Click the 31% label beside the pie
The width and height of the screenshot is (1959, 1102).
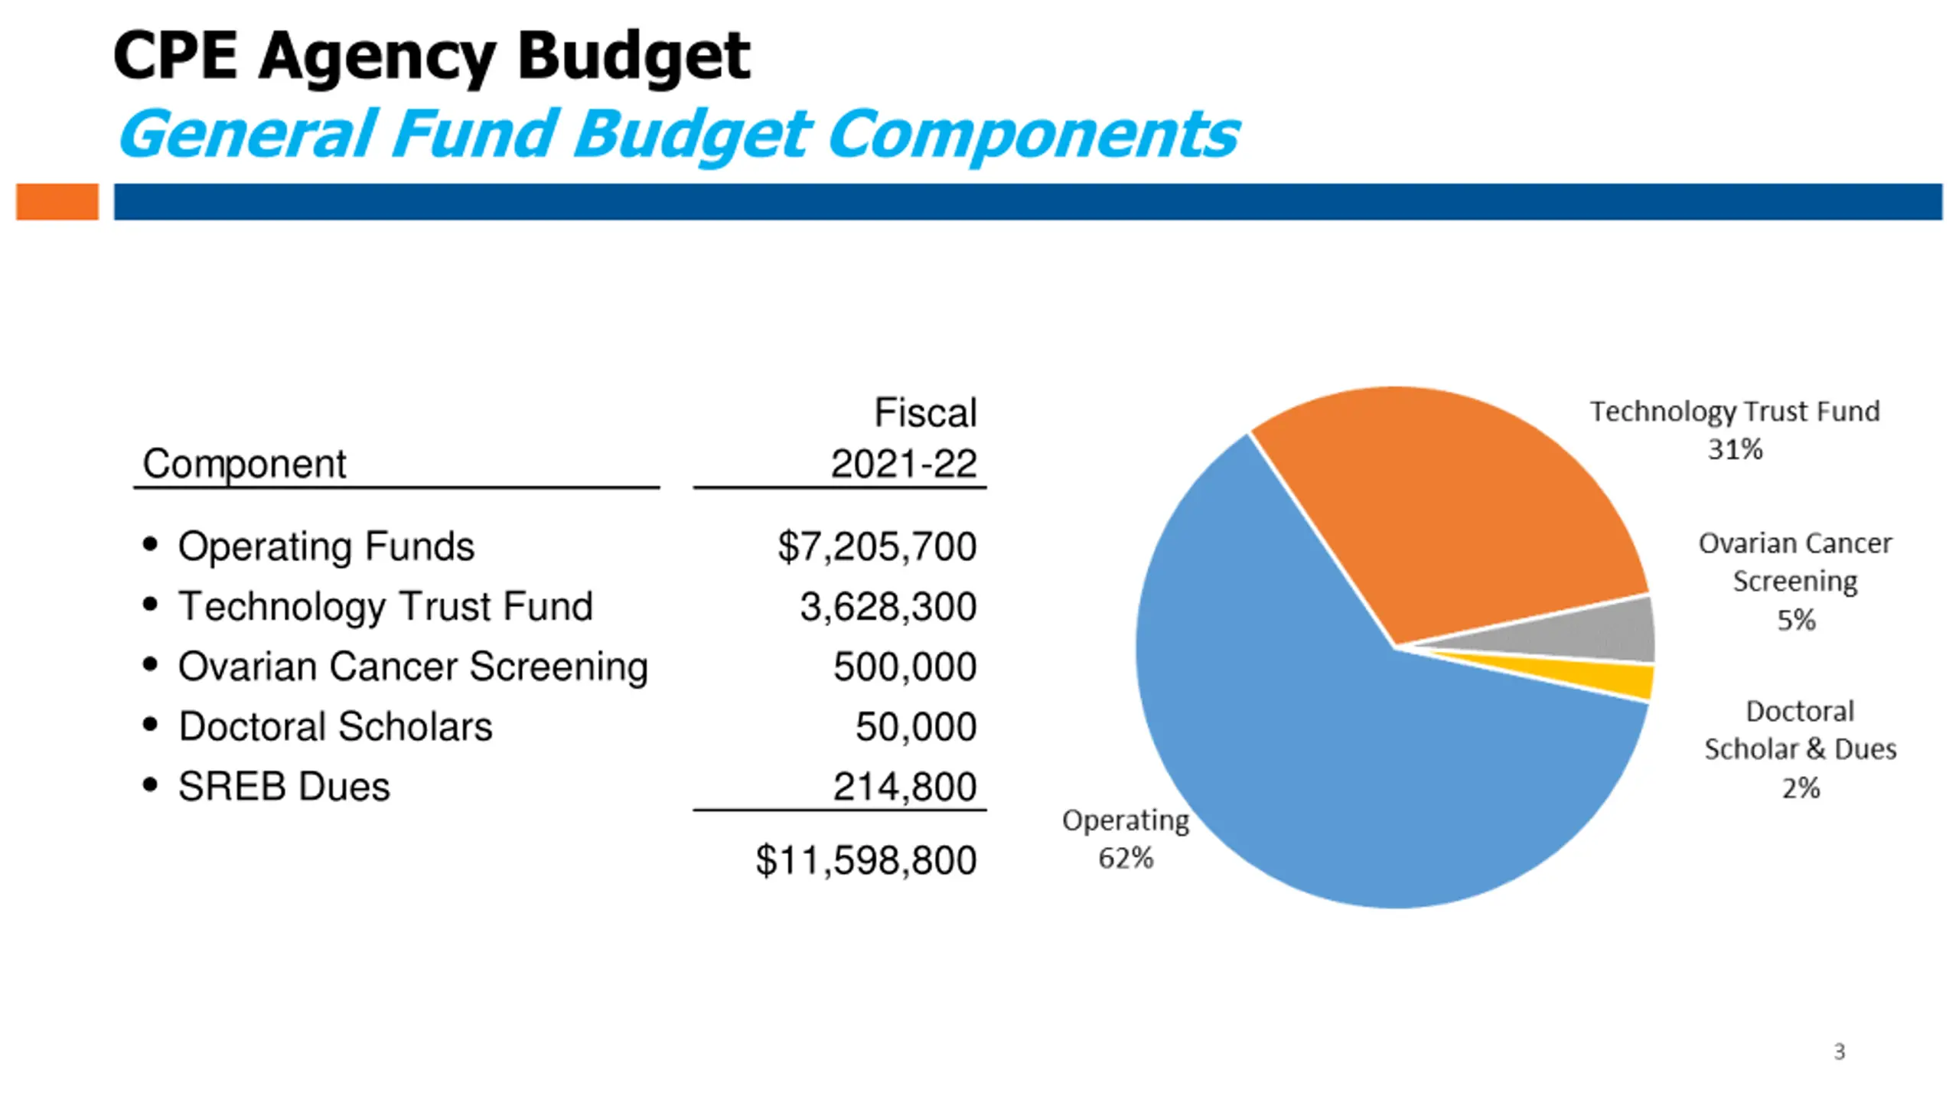(1735, 449)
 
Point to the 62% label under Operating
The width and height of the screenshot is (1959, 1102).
(1126, 859)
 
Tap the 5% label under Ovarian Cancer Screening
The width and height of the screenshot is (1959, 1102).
(1795, 620)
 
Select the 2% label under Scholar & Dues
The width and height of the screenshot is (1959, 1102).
(1801, 787)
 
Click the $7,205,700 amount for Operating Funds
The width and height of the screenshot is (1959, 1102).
(877, 546)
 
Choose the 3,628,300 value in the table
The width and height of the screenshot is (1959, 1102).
(888, 607)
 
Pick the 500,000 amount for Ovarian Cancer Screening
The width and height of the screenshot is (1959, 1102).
(905, 667)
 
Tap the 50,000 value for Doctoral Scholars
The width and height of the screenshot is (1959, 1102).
(915, 726)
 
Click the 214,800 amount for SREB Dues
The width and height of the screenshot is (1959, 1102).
(905, 787)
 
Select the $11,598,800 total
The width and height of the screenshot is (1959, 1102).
(865, 860)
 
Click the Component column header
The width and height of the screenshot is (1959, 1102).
(244, 464)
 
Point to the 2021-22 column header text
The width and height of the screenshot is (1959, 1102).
(904, 464)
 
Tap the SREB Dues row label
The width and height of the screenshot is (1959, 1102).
(284, 787)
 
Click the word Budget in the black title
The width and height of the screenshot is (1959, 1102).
(634, 57)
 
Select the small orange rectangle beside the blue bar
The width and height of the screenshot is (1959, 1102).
(57, 202)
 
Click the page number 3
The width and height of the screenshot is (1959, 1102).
(1839, 1052)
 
